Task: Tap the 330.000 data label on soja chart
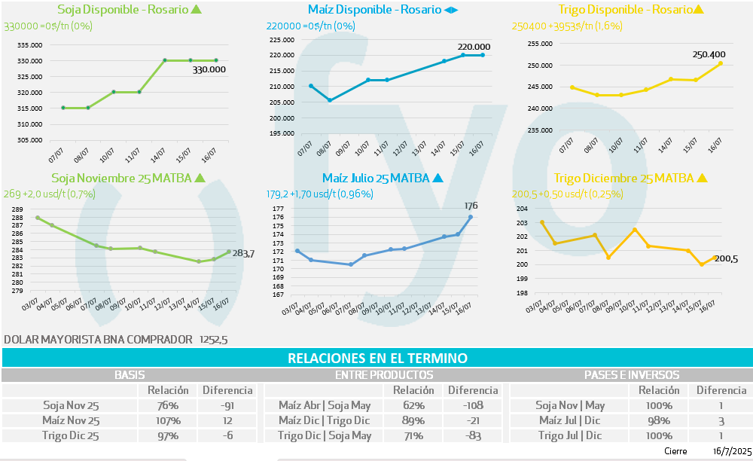(x=209, y=69)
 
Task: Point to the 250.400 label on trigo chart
(x=709, y=54)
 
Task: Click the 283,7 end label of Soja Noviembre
(x=243, y=254)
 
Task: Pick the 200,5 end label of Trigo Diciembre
(x=726, y=259)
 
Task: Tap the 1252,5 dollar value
(x=213, y=340)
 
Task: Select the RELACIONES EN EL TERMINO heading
(x=377, y=358)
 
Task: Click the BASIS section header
(x=130, y=374)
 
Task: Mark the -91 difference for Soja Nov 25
(x=227, y=405)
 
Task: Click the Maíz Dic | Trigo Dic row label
(x=325, y=420)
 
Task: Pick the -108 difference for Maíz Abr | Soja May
(x=473, y=405)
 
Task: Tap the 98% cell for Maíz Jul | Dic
(x=659, y=420)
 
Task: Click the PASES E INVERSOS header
(x=631, y=374)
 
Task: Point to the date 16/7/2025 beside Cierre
(x=731, y=450)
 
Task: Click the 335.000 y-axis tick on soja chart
(x=30, y=45)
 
